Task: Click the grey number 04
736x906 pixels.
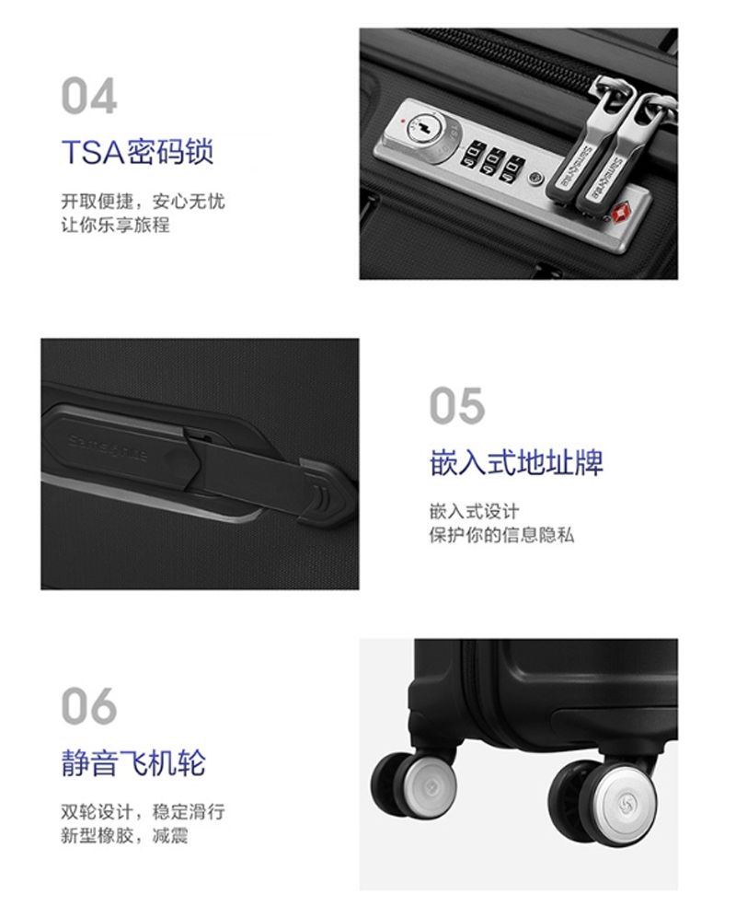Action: [x=89, y=96]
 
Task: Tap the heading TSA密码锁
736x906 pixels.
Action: [x=137, y=152]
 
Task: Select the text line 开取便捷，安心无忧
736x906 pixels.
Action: [x=143, y=202]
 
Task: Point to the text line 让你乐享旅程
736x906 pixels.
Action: [x=115, y=225]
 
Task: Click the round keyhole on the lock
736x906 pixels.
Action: [x=419, y=127]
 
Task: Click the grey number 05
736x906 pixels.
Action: [x=457, y=406]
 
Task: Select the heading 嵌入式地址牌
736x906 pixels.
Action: [x=517, y=463]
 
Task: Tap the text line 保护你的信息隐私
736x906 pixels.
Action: [x=501, y=535]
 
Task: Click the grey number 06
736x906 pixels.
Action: [x=89, y=706]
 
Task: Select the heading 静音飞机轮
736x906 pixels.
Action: [x=133, y=762]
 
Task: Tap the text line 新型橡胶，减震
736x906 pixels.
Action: [x=125, y=835]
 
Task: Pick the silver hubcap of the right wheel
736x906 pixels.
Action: [x=626, y=801]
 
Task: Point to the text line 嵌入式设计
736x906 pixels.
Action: [x=474, y=511]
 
